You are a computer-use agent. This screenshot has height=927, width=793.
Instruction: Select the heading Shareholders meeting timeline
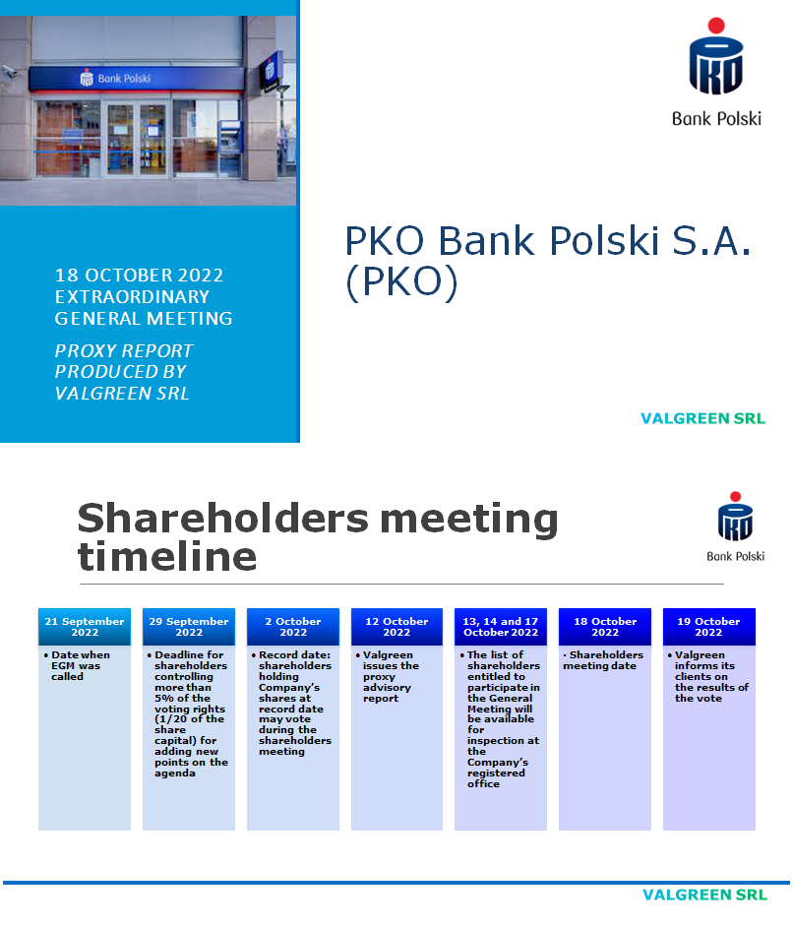(x=318, y=537)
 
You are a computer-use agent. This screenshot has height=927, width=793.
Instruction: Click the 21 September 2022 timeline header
(x=85, y=627)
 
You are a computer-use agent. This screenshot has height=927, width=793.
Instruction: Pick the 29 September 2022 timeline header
(x=189, y=627)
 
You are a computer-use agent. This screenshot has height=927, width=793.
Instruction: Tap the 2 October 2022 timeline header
(x=293, y=627)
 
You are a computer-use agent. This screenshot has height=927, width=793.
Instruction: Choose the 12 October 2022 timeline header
(x=396, y=627)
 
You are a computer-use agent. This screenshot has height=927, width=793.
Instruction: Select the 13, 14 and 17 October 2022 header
(x=501, y=627)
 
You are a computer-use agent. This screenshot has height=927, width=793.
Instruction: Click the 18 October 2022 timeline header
(x=605, y=627)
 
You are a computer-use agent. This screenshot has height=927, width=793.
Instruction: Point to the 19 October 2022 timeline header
(x=708, y=627)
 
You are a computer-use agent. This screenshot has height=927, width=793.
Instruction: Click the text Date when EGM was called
(x=78, y=666)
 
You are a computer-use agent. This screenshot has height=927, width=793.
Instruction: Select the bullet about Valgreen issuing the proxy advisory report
(x=392, y=677)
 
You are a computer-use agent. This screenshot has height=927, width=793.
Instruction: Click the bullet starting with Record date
(x=294, y=703)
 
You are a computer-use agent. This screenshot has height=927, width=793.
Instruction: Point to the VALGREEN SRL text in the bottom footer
(x=703, y=896)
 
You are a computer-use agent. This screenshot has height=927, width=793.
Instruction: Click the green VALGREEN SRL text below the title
(x=702, y=418)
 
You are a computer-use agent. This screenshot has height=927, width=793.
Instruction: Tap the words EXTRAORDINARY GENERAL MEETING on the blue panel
(x=144, y=307)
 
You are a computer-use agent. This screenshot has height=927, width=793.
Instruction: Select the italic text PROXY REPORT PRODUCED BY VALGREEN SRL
(x=124, y=372)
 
